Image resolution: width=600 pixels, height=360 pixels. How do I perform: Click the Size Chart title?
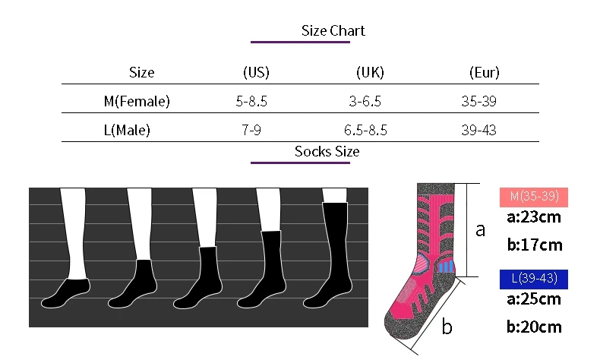click(333, 31)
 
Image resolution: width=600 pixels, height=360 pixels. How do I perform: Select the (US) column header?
click(256, 73)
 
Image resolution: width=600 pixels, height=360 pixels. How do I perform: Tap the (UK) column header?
click(370, 73)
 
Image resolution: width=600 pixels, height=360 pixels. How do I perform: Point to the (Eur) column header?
click(484, 73)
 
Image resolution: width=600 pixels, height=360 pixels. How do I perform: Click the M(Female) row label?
click(137, 101)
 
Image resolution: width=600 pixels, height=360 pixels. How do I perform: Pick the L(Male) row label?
click(127, 130)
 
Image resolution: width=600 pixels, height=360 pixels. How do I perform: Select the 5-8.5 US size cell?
click(251, 101)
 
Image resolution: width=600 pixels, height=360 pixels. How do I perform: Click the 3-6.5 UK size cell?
click(365, 101)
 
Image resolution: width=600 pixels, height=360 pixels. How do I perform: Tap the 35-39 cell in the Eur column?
click(478, 101)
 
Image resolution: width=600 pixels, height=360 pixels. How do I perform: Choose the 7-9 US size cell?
click(251, 130)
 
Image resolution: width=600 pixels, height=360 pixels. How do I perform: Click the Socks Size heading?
click(327, 151)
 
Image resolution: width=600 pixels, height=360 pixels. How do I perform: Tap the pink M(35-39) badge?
click(535, 197)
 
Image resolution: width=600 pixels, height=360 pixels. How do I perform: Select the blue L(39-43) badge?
click(535, 278)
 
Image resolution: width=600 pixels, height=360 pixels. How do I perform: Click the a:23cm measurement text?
click(534, 218)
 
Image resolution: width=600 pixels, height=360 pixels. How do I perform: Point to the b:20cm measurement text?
click(534, 327)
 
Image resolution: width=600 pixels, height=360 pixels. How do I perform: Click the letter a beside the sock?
click(480, 229)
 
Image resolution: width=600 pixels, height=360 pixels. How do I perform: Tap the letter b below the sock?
click(447, 327)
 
